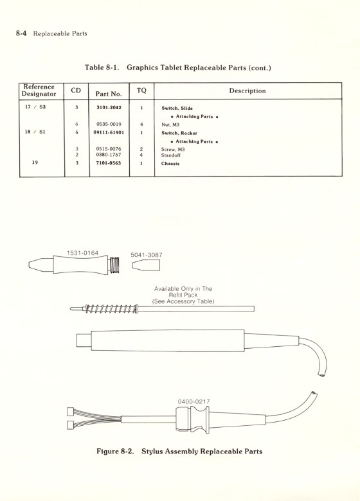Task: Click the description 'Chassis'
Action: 170,164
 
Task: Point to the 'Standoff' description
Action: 172,155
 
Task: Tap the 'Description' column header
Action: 248,91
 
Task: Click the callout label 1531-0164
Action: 82,253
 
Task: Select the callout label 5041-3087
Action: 146,255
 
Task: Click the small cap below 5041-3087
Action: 145,266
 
